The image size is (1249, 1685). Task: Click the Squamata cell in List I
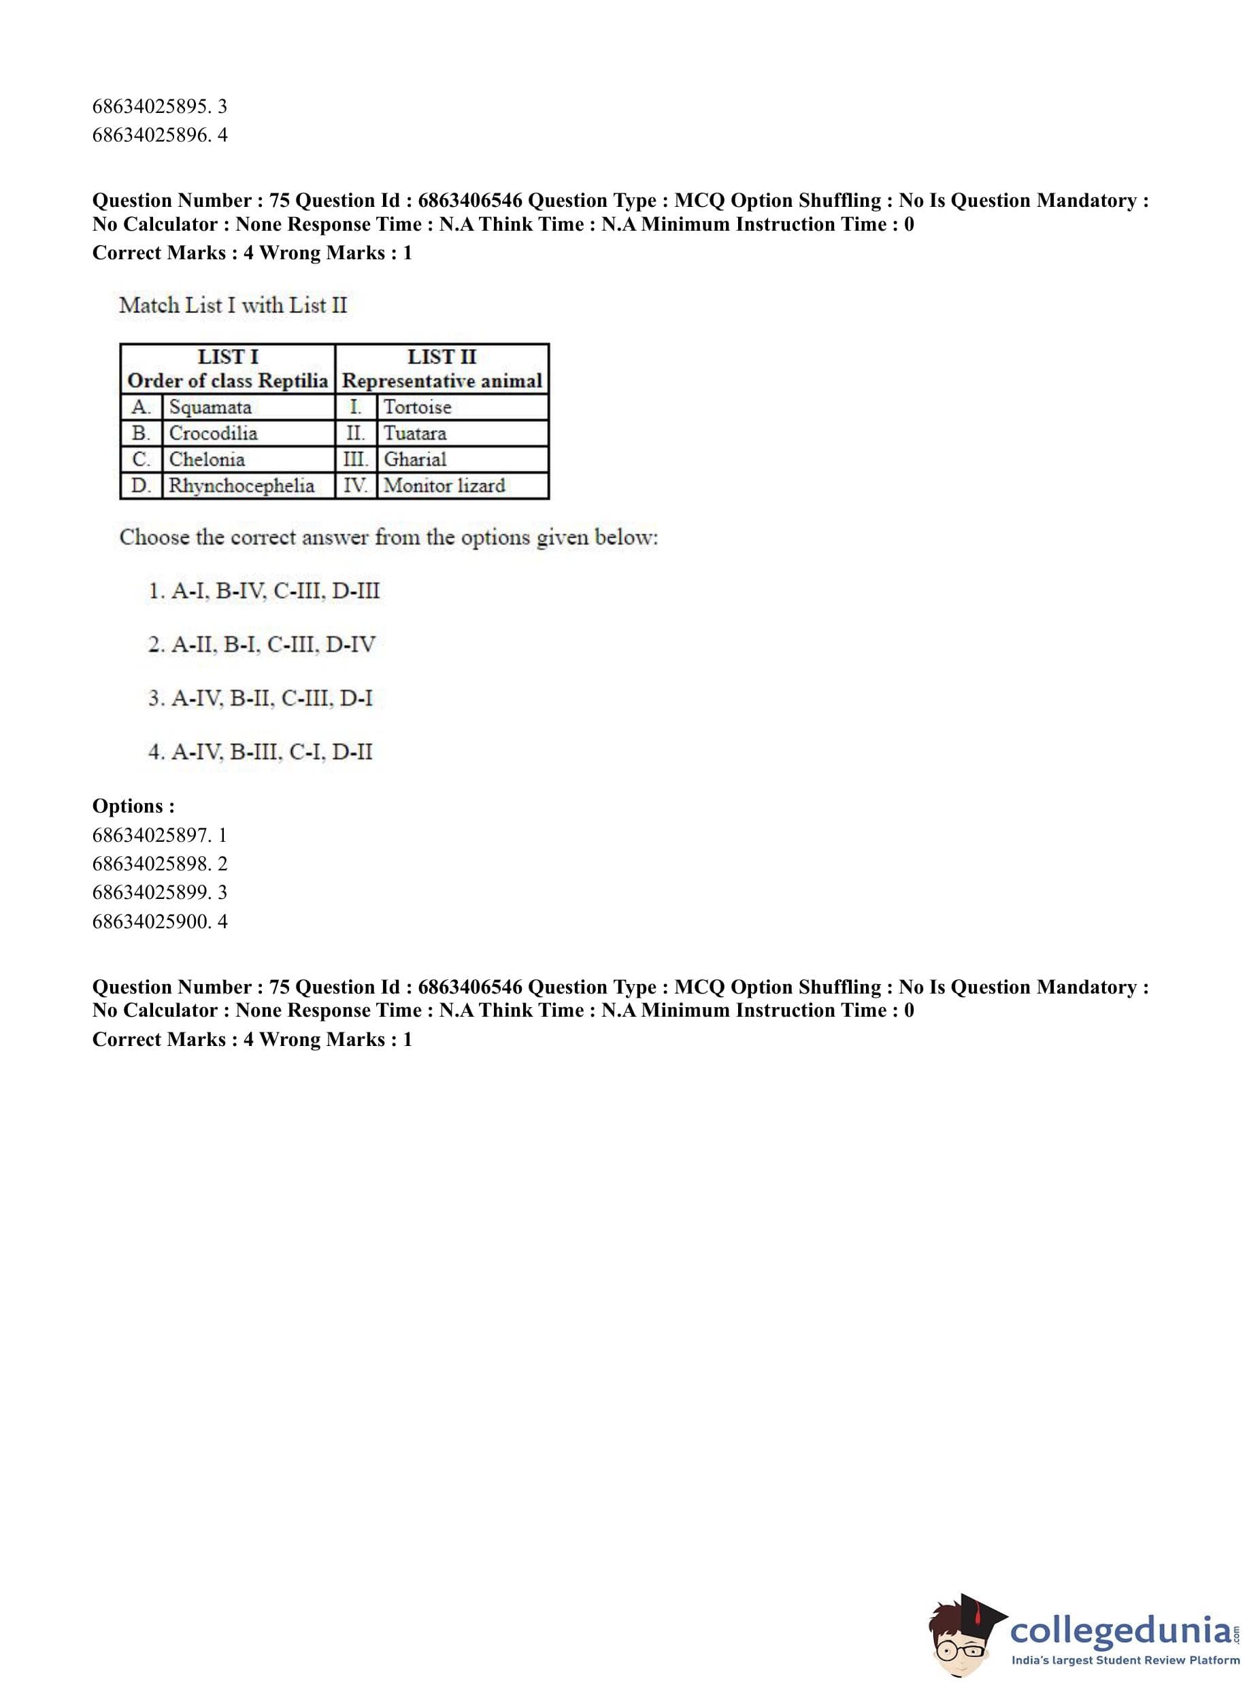[x=210, y=407]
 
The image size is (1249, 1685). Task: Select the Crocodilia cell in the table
[x=213, y=433]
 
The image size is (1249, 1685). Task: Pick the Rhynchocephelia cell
[x=242, y=485]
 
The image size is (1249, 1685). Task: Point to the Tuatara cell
[x=415, y=433]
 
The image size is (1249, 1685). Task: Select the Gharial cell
[x=415, y=459]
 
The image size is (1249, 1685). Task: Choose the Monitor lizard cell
[x=444, y=485]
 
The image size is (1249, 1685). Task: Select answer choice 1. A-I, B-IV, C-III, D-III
[x=264, y=591]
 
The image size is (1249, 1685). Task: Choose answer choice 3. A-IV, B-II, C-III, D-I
[x=260, y=698]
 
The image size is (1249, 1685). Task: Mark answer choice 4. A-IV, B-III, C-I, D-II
[x=260, y=752]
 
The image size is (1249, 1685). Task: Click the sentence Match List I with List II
[x=233, y=306]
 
